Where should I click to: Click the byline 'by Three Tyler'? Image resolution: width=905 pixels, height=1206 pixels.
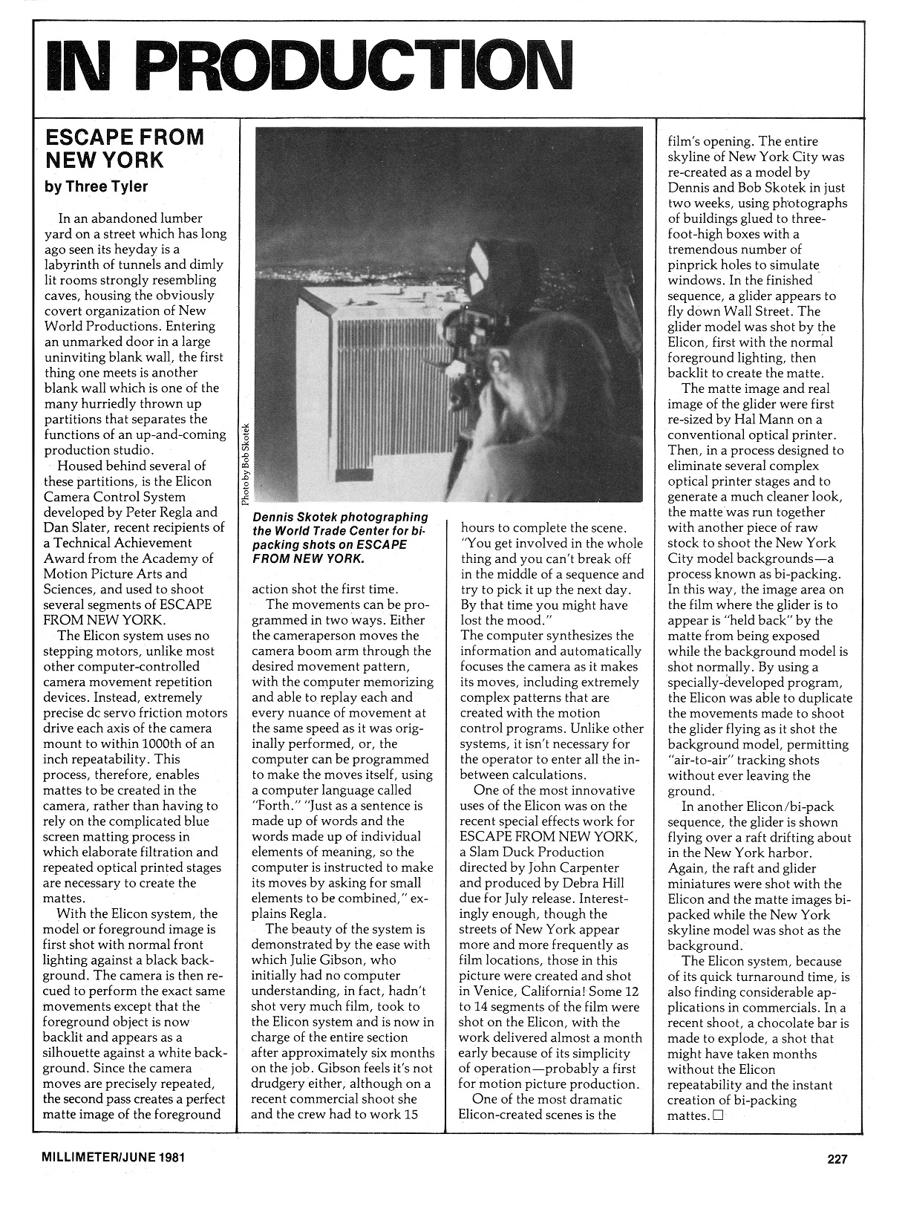click(97, 186)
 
